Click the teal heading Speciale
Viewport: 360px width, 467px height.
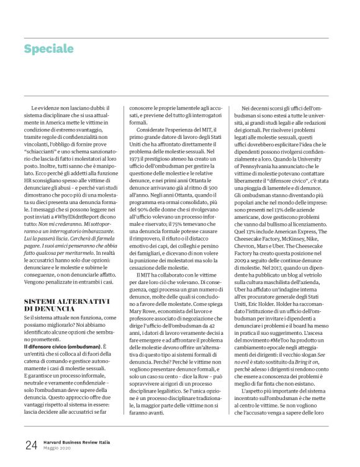coord(49,49)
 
